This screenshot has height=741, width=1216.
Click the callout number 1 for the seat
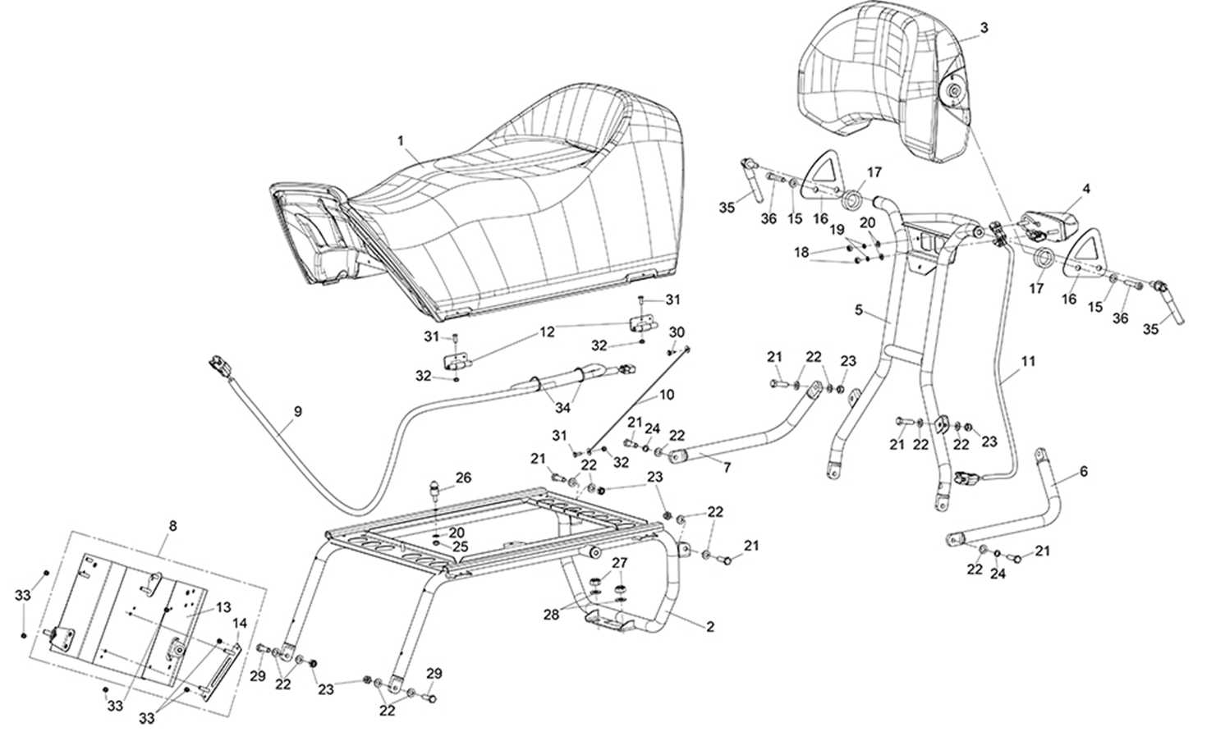click(x=401, y=141)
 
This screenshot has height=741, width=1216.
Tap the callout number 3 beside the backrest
click(x=984, y=28)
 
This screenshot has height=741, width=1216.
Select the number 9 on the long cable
click(x=297, y=412)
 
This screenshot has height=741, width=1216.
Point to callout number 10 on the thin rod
click(x=667, y=395)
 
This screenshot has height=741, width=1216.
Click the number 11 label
click(x=1028, y=361)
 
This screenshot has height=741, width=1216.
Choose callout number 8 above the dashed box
click(x=172, y=526)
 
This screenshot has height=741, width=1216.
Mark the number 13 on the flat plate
click(x=223, y=607)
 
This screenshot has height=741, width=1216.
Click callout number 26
click(x=463, y=478)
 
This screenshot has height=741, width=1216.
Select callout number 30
click(x=677, y=332)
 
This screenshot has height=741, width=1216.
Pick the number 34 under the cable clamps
click(x=563, y=407)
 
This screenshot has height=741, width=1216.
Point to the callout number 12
click(x=547, y=332)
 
